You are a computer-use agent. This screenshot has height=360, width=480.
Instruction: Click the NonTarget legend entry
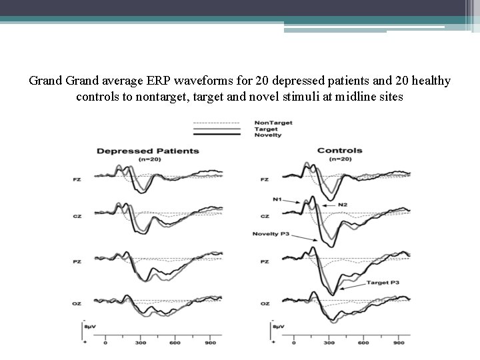(273, 123)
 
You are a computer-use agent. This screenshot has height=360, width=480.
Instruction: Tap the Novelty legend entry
(267, 135)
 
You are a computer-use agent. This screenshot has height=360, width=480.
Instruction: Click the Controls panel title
(339, 150)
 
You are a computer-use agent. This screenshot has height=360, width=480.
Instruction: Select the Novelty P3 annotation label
(271, 234)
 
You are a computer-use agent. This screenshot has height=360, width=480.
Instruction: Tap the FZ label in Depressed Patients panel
(78, 179)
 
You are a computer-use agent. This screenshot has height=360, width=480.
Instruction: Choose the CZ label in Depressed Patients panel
(78, 216)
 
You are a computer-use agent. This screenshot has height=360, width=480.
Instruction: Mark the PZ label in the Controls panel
(265, 262)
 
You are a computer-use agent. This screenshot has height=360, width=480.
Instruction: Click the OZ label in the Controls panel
(265, 303)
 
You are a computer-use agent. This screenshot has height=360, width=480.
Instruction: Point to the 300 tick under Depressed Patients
(141, 343)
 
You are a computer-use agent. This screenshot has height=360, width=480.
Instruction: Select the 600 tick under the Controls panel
(363, 343)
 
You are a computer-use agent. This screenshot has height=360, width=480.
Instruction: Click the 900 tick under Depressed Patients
(211, 343)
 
